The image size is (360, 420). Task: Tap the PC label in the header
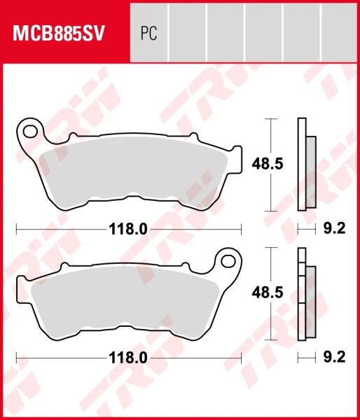(148, 34)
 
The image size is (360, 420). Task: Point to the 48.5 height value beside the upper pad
(267, 164)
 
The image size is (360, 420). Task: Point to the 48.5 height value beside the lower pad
(267, 294)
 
